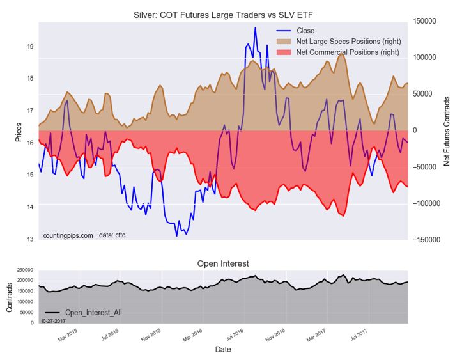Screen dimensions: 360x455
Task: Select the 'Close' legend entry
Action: [x=306, y=31]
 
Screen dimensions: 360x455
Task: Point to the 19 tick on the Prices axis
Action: [x=30, y=47]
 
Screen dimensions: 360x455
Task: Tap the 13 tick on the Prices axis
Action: [x=30, y=239]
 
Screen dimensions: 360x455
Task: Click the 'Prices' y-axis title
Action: [x=19, y=130]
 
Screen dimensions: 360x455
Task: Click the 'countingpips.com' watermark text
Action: [x=68, y=235]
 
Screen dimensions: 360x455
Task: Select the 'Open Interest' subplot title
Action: [x=223, y=263]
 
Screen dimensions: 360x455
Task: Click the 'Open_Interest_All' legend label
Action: [x=93, y=312]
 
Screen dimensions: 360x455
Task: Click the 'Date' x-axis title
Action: [x=223, y=350]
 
